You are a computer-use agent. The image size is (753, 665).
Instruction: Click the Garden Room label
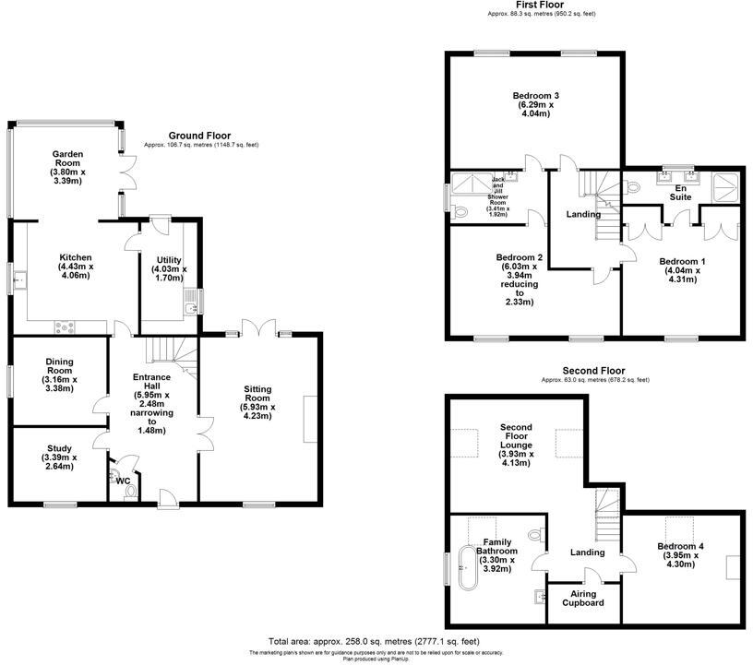coord(67,167)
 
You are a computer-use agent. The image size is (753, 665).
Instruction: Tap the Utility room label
coord(169,269)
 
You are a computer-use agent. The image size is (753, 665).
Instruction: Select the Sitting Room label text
coord(257,401)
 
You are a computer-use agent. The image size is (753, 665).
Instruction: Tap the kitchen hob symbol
coord(66,325)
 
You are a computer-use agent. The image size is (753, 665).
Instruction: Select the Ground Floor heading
coord(199,136)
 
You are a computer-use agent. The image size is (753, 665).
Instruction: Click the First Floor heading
coord(522,6)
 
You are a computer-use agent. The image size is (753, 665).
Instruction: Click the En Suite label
coord(681,191)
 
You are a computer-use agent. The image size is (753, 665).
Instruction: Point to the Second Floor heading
coord(594,370)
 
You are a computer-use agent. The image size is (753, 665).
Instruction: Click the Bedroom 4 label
coord(680,552)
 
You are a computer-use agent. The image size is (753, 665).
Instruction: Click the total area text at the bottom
coord(374,641)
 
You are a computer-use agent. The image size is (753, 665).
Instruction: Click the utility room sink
coord(190,305)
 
